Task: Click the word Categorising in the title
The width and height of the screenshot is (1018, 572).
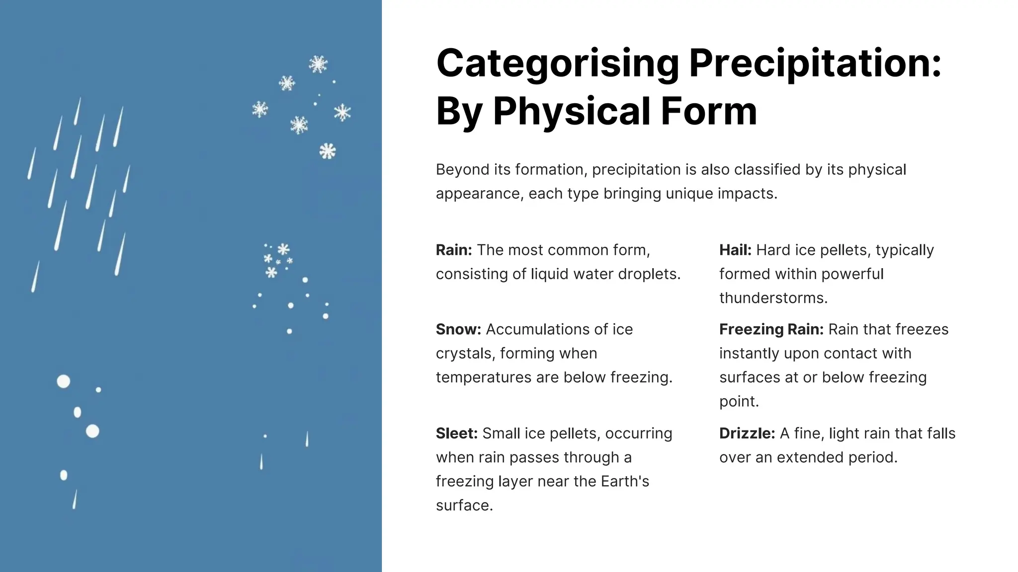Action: [x=557, y=64]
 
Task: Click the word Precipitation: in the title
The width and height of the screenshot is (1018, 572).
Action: [x=815, y=64]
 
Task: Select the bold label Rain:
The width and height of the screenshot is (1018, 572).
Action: [x=454, y=250]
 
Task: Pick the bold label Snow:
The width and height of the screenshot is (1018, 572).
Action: [x=458, y=329]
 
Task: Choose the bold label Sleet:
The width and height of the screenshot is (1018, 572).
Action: [x=456, y=433]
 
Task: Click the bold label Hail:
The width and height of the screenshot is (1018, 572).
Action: [x=735, y=250]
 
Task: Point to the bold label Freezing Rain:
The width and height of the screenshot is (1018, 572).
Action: [x=771, y=329]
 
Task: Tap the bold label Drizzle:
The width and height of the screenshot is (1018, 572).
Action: [x=747, y=433]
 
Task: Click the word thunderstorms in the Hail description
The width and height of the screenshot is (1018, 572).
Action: [x=772, y=298]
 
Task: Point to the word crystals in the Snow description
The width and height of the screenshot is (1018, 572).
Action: [x=465, y=353]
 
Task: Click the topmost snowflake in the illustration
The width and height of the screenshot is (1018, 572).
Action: [x=318, y=64]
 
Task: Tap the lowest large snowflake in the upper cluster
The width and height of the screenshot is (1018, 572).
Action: [x=328, y=151]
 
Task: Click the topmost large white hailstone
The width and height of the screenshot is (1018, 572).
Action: [x=64, y=381]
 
